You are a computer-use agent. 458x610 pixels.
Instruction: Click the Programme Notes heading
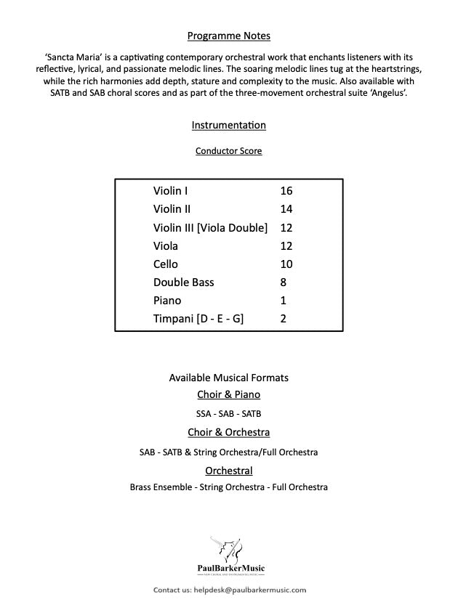click(229, 36)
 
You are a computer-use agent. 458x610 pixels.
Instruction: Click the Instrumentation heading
click(229, 126)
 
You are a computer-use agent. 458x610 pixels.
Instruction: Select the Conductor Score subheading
click(229, 151)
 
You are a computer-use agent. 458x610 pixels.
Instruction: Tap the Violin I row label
click(171, 191)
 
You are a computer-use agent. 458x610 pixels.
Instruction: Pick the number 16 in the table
click(286, 191)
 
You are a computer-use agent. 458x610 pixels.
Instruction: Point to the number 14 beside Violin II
click(286, 209)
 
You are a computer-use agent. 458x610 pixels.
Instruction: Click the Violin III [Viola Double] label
click(210, 227)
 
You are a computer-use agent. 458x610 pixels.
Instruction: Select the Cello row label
click(165, 264)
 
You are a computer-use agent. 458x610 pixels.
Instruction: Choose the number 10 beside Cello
click(286, 264)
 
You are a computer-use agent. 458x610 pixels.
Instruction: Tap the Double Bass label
click(183, 282)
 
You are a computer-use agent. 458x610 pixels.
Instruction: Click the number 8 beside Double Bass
click(283, 282)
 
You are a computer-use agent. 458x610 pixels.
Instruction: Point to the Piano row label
click(167, 300)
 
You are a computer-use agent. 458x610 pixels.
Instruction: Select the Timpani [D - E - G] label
click(198, 318)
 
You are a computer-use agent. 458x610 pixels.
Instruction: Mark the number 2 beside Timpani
click(283, 318)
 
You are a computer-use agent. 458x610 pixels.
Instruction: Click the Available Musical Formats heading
click(229, 378)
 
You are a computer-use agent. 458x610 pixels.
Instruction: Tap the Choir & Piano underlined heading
click(229, 395)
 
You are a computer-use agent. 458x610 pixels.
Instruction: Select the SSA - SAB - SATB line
click(229, 414)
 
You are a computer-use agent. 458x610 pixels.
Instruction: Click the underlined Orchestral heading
click(229, 471)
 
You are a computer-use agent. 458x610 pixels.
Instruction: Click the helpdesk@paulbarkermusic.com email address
click(250, 590)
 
